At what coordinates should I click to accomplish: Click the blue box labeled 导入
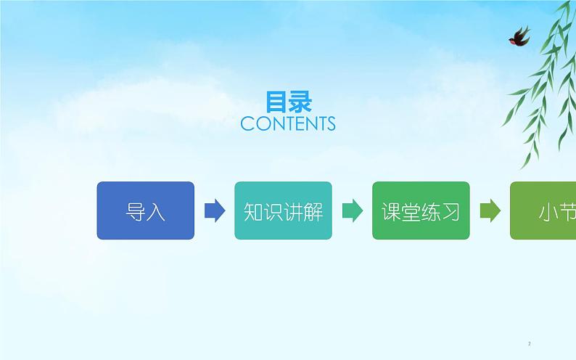click(x=145, y=210)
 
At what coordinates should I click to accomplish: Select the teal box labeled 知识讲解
click(x=283, y=210)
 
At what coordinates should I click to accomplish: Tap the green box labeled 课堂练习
click(x=421, y=210)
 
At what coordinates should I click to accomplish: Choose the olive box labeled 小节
click(x=544, y=210)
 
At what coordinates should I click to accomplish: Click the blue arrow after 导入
click(x=215, y=210)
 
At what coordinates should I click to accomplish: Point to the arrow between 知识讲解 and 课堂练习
click(x=353, y=210)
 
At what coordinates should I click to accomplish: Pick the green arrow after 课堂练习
click(x=490, y=210)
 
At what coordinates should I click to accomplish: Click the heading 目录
click(x=288, y=102)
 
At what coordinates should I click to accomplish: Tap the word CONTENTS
click(x=288, y=124)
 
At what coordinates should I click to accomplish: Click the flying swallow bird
click(x=519, y=36)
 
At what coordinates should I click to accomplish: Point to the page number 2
click(x=530, y=343)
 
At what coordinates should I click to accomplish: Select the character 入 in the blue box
click(x=156, y=211)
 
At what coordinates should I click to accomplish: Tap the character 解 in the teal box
click(x=313, y=211)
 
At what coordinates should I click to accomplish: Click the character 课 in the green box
click(x=392, y=211)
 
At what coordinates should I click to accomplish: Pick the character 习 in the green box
click(x=450, y=211)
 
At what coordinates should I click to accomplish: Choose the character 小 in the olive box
click(x=548, y=211)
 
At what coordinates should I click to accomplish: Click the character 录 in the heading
click(x=300, y=102)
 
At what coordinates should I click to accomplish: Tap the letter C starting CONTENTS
click(x=247, y=124)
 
